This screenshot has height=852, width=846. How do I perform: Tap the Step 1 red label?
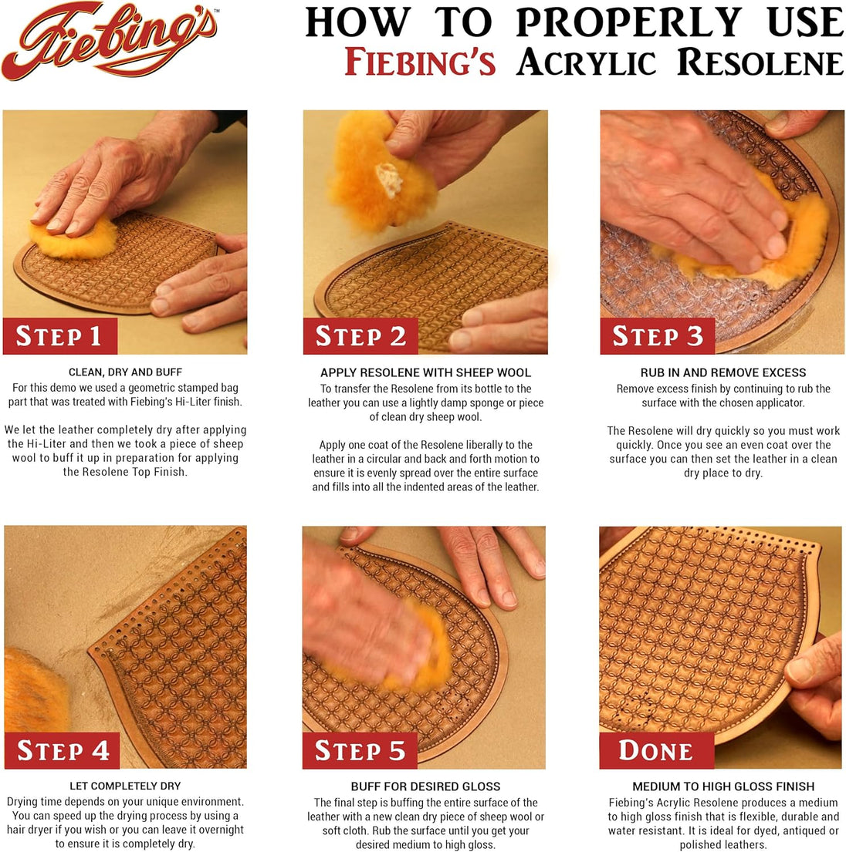[59, 336]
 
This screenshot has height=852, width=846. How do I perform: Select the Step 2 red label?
[360, 336]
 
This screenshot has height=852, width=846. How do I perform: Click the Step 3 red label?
[658, 336]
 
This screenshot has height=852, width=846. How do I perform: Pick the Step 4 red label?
[63, 750]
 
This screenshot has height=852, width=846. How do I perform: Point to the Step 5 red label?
[360, 750]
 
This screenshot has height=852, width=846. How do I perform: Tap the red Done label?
[655, 750]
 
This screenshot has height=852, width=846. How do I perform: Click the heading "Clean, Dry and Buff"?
[125, 372]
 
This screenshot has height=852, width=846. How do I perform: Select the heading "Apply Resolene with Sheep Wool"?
[425, 373]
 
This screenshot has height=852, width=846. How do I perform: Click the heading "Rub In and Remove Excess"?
[723, 372]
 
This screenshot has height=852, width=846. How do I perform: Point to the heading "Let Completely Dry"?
[125, 786]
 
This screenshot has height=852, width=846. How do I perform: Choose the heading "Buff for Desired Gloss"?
[425, 786]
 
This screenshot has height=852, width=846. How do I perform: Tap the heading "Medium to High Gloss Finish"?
[723, 786]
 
